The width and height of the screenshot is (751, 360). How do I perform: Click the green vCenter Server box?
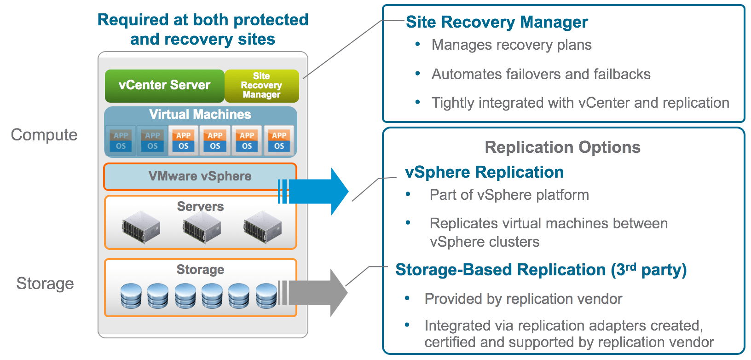point(164,86)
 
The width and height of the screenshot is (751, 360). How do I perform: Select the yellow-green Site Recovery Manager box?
point(261,86)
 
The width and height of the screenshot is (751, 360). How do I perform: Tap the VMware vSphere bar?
point(200,176)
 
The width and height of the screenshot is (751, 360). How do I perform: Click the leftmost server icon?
point(141,227)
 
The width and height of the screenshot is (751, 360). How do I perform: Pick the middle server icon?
point(202,227)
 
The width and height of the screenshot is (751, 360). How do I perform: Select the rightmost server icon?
point(262,227)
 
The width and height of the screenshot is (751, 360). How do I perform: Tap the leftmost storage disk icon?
point(131,296)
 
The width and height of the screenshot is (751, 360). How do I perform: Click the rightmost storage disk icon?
point(266,296)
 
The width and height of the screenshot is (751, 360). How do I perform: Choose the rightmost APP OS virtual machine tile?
point(279,140)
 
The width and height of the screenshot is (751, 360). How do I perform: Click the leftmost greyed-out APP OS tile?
point(121,140)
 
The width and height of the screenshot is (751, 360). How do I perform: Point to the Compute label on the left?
point(44,135)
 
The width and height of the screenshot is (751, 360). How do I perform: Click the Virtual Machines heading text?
point(200,114)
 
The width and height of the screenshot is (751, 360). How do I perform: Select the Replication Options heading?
point(562,147)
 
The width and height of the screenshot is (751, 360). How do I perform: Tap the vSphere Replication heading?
point(484,172)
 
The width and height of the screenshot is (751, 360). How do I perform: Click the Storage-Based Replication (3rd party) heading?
point(541,270)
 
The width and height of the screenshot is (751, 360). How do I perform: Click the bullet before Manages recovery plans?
point(418,44)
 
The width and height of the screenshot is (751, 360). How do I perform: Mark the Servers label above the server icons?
point(200,206)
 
